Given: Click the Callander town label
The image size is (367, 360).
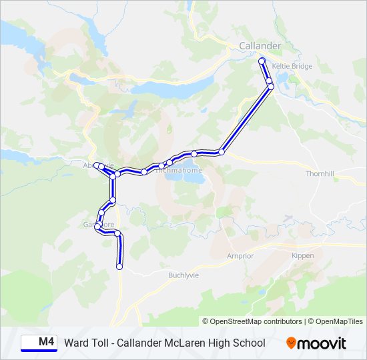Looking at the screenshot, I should tap(260, 45).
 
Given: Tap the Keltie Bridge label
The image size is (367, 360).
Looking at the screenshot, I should tap(292, 67).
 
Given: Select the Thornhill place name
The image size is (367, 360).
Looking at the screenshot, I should tap(319, 173).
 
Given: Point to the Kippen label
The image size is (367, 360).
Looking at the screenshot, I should tap(302, 255).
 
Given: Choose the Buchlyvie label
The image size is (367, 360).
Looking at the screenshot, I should tap(183, 275).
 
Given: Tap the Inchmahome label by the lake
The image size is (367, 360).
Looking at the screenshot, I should tap(179, 170).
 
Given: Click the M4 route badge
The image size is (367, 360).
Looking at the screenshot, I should tap(39, 343).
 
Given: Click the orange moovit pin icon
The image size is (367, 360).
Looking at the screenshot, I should tap(292, 343).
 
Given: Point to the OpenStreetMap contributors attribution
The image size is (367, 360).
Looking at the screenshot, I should tap(252, 321).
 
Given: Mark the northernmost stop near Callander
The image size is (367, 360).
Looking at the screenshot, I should tap(262, 61).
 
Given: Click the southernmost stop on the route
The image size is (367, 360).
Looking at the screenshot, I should tap(119, 267).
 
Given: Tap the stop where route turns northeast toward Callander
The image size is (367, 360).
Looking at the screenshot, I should tap(221, 152).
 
